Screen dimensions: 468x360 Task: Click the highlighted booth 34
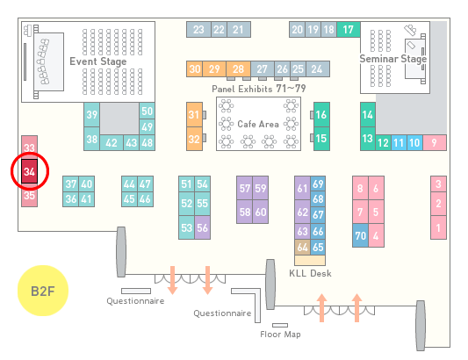(x=29, y=171)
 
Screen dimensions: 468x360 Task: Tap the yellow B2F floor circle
(x=43, y=291)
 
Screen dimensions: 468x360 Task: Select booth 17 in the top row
(x=349, y=30)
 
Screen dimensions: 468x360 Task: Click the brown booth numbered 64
(x=302, y=247)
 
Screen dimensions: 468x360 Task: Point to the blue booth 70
(x=360, y=235)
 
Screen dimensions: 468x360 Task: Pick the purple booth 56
(x=202, y=227)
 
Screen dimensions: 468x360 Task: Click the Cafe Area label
(x=258, y=124)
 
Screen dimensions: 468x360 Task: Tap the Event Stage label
(x=98, y=61)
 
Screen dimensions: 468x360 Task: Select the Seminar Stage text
(x=393, y=59)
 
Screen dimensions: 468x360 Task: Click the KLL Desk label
(x=310, y=273)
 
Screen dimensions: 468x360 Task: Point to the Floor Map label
(x=280, y=334)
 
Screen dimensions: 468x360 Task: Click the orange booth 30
(x=195, y=69)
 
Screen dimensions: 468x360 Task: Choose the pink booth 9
(x=435, y=143)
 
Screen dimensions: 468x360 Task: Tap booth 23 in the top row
(x=198, y=30)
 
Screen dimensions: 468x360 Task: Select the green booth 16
(x=321, y=114)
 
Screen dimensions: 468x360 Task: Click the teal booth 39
(x=91, y=115)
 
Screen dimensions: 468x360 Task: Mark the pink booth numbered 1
(x=438, y=227)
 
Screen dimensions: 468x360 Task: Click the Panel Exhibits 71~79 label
(x=259, y=89)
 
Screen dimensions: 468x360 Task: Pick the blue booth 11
(x=399, y=143)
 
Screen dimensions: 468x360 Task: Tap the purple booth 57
(x=244, y=188)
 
